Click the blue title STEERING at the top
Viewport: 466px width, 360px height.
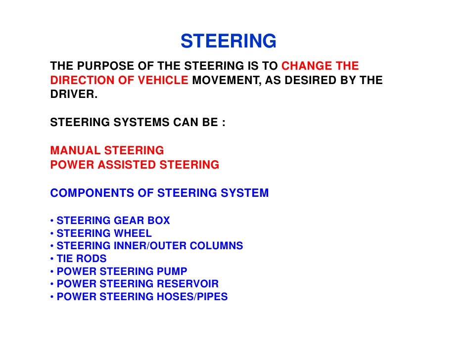(x=228, y=42)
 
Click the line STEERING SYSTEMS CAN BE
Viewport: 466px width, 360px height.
(x=138, y=123)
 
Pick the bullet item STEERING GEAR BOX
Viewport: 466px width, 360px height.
(x=113, y=221)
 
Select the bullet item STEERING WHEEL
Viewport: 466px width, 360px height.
(x=104, y=233)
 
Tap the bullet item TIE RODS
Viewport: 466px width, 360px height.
(x=81, y=259)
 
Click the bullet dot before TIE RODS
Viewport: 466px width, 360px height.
(x=52, y=259)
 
